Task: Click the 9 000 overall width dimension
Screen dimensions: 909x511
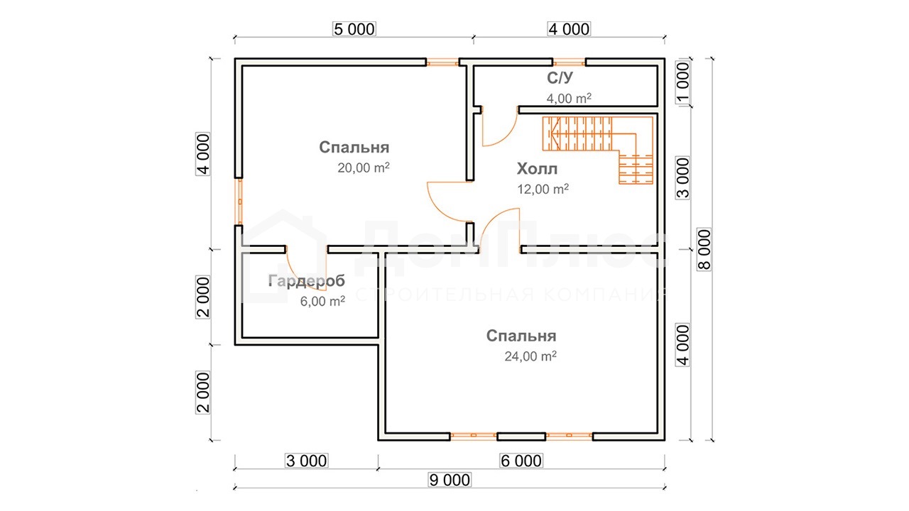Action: pyautogui.click(x=450, y=480)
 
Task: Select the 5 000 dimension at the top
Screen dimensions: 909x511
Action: pyautogui.click(x=354, y=29)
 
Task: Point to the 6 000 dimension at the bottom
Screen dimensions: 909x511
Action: pyautogui.click(x=521, y=461)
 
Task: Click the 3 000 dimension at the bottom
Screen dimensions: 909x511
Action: pyautogui.click(x=306, y=461)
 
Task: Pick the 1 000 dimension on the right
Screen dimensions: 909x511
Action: pyautogui.click(x=683, y=83)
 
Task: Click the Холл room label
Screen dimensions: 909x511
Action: pyautogui.click(x=537, y=169)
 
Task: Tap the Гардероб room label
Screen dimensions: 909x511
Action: pyautogui.click(x=306, y=281)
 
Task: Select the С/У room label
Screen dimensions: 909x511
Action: pyautogui.click(x=560, y=77)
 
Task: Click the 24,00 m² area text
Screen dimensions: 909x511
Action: pyautogui.click(x=530, y=356)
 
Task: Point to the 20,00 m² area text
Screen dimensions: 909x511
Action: pyautogui.click(x=364, y=167)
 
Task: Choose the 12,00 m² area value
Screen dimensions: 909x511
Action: pyautogui.click(x=543, y=189)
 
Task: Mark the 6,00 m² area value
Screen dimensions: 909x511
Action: pyautogui.click(x=322, y=301)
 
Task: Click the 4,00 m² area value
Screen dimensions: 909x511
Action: pyautogui.click(x=569, y=98)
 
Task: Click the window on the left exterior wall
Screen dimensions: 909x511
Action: pyautogui.click(x=240, y=202)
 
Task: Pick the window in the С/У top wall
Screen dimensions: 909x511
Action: pyautogui.click(x=570, y=62)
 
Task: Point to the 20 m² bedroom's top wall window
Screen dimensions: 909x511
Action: pyautogui.click(x=442, y=62)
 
